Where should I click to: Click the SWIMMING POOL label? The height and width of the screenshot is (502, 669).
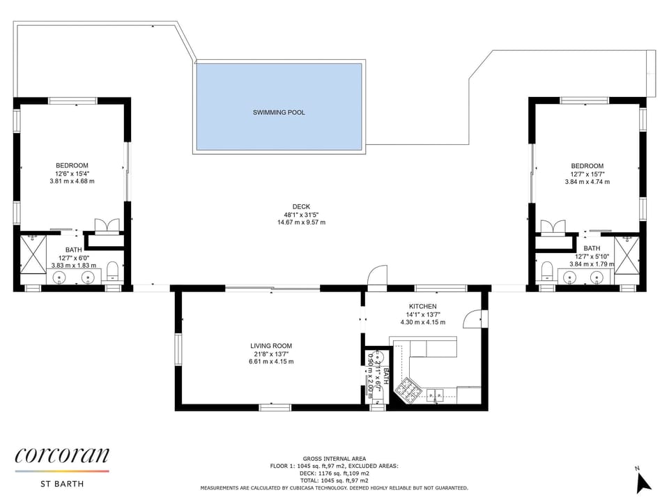pos(279,113)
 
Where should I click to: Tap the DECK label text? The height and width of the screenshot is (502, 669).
pos(301,206)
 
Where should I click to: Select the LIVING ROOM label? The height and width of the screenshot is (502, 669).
pos(271,346)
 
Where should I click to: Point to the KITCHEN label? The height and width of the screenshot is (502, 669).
pos(422,306)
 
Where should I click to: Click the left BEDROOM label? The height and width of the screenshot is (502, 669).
pos(72,166)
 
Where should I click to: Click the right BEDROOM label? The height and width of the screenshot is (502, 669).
pos(587,166)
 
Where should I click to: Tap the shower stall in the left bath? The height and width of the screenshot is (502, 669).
pos(33,254)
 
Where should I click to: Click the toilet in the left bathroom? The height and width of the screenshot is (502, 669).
pos(112,271)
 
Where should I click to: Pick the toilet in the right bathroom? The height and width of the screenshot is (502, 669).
pos(546,271)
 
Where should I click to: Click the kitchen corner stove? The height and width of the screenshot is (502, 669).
pos(408,389)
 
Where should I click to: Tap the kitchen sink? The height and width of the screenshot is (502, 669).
pos(435,395)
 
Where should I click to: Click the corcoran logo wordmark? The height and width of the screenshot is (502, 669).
pos(62,455)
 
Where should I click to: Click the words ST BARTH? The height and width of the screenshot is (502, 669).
pos(62,484)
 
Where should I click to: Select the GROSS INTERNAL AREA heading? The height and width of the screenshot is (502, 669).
pos(334,459)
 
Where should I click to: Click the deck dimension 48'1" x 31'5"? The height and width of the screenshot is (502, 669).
pos(301,215)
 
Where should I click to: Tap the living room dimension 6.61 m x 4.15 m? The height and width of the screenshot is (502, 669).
pos(271,362)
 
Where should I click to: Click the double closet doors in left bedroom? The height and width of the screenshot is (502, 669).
pos(107,226)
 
